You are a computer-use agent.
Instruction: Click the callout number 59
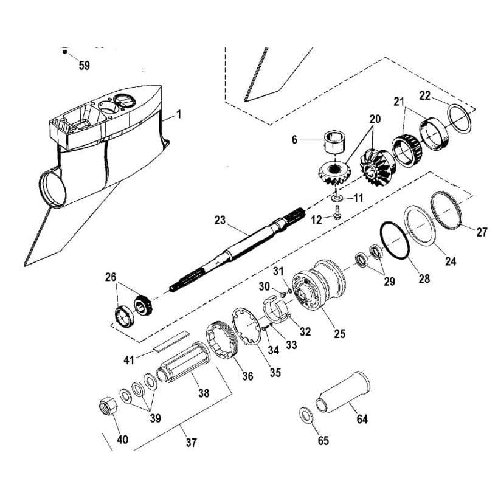click(x=84, y=66)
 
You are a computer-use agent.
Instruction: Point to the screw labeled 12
click(x=336, y=213)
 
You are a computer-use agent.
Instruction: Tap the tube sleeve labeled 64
click(x=344, y=393)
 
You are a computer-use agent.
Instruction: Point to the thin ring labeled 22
click(x=461, y=117)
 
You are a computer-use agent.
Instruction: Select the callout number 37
click(x=191, y=443)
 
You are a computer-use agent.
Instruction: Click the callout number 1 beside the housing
click(x=178, y=113)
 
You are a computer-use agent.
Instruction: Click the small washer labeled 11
click(x=337, y=198)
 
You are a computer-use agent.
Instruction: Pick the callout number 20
click(x=375, y=120)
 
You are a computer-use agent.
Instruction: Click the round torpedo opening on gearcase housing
click(x=52, y=187)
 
